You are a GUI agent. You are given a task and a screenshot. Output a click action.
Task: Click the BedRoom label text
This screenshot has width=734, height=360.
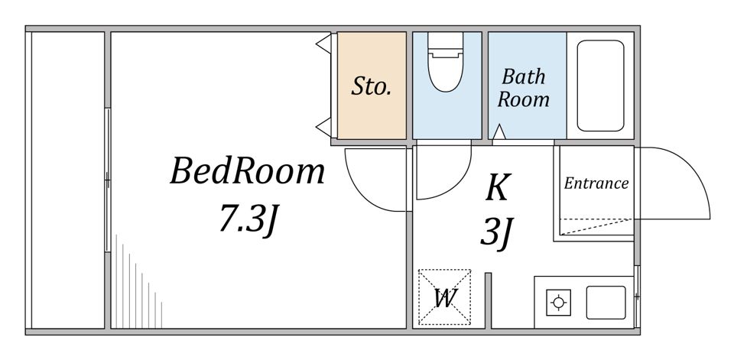tap(247, 171)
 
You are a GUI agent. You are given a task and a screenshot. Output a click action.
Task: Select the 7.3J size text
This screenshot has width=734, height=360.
tap(250, 220)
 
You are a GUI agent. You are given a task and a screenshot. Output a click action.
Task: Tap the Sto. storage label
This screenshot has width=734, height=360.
tap(372, 86)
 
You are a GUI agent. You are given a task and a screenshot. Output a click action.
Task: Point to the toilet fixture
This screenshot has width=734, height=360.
tap(445, 62)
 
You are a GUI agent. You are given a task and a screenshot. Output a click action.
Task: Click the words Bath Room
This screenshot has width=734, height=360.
tap(523, 88)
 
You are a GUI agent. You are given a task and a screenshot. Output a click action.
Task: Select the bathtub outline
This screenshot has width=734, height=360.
tap(601, 86)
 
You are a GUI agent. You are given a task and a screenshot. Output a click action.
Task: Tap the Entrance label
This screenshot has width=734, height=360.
tap(596, 183)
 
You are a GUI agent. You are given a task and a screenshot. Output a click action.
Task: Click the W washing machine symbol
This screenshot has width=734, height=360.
tap(444, 297)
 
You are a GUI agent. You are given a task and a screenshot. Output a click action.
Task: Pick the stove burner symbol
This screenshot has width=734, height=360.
tap(558, 303)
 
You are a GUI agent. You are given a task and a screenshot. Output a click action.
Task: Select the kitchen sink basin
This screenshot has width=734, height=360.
tap(606, 303)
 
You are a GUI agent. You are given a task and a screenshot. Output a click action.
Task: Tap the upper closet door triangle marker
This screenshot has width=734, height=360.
tap(324, 44)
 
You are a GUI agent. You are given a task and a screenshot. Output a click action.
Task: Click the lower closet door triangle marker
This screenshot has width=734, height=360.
tap(324, 128)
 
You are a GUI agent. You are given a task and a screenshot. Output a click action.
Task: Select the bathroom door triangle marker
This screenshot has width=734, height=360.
tap(499, 132)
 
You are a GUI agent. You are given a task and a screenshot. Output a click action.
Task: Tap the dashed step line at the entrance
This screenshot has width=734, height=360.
tap(597, 225)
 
